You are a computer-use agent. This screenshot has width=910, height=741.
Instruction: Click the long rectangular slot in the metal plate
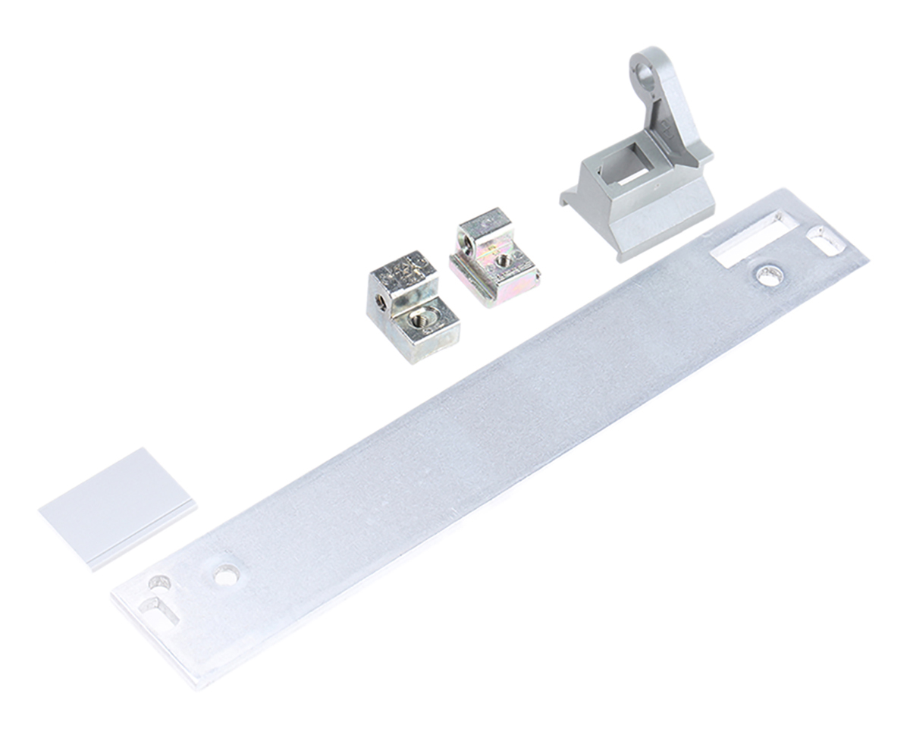coord(747,239)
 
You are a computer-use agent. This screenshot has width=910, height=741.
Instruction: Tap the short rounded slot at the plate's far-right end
coord(826,239)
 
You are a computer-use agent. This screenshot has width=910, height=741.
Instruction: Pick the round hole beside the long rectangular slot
coord(768,275)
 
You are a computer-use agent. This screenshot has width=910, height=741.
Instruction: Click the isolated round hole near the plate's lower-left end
coord(225,576)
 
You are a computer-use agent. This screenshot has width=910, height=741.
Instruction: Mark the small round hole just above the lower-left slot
coord(160,583)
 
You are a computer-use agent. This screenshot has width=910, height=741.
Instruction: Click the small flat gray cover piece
coord(118,504)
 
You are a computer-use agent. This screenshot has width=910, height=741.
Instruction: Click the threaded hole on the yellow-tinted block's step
coord(504,260)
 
